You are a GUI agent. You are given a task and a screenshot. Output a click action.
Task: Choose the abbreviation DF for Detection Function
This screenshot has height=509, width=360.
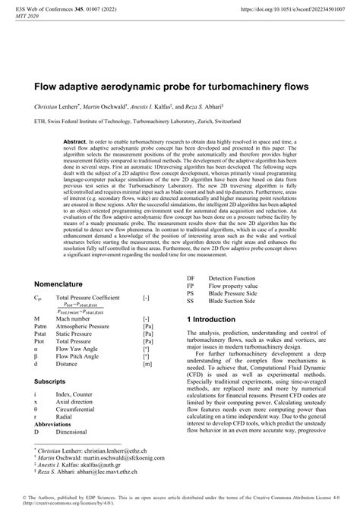(x=191, y=277)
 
